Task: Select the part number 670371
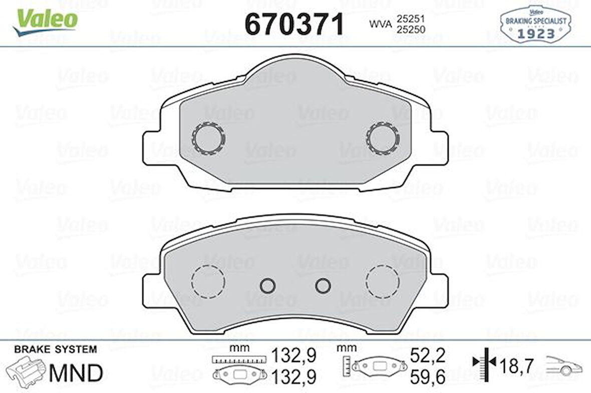(x=294, y=24)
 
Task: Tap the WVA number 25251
(x=411, y=19)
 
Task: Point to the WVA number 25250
(x=411, y=30)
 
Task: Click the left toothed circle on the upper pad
(x=208, y=138)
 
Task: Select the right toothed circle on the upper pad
(x=383, y=138)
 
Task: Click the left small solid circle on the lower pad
(x=268, y=285)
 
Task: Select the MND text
(x=76, y=372)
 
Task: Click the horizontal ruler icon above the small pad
(x=237, y=359)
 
